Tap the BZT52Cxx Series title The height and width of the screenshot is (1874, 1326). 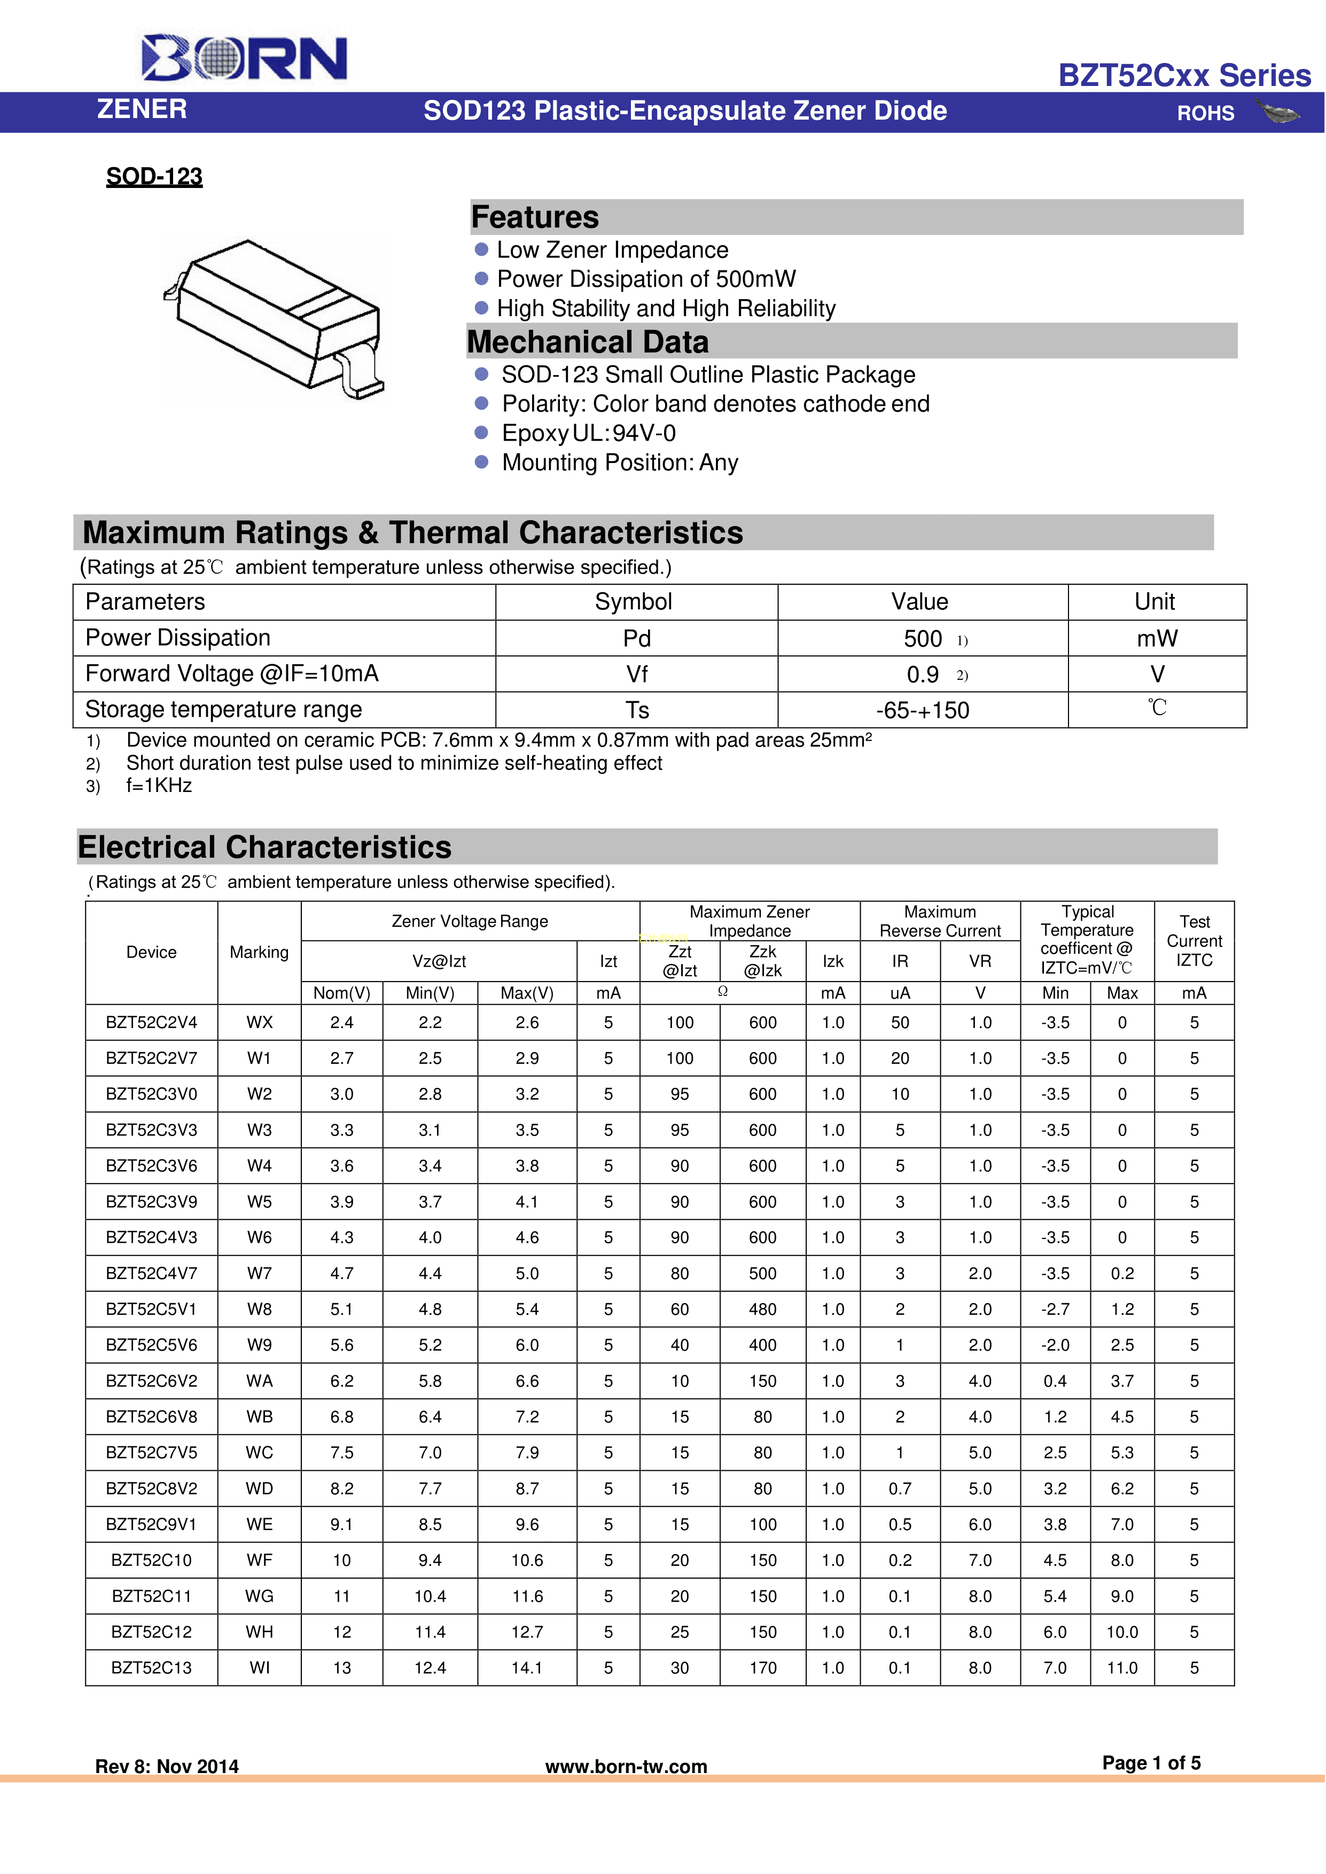(1184, 75)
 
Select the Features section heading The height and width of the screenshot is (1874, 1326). (536, 218)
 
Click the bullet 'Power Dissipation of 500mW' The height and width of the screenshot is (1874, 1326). (646, 279)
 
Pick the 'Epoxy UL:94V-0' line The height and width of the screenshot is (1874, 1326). (589, 434)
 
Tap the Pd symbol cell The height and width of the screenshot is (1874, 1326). (636, 638)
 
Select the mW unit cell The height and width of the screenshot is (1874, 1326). (1157, 638)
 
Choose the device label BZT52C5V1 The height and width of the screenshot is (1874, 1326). (152, 1309)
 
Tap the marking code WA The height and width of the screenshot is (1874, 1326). (260, 1381)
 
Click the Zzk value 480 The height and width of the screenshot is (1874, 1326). (762, 1309)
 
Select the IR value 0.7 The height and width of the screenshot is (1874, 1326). (900, 1489)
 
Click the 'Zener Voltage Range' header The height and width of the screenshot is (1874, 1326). (470, 921)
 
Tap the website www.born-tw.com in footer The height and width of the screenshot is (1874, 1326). (626, 1766)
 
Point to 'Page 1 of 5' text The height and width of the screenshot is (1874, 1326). (1151, 1763)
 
